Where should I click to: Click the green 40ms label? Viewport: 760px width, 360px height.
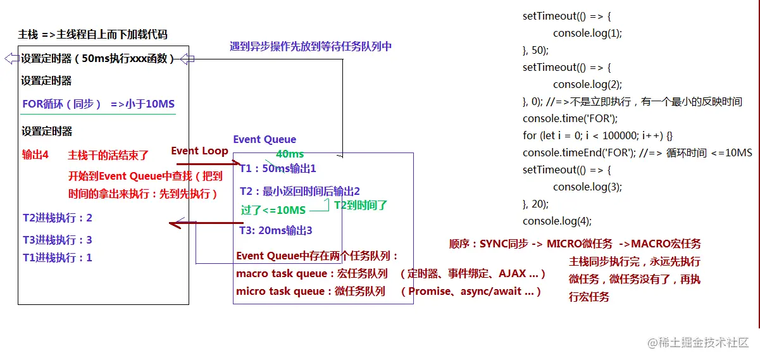pyautogui.click(x=290, y=154)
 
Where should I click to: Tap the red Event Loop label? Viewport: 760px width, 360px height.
pyautogui.click(x=199, y=151)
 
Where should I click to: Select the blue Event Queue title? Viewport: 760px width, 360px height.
pyautogui.click(x=265, y=139)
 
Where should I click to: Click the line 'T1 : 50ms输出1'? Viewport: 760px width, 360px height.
pyautogui.click(x=278, y=169)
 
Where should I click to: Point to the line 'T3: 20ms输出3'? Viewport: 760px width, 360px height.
pyautogui.click(x=276, y=230)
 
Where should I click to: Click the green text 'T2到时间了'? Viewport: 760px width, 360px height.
pyautogui.click(x=361, y=204)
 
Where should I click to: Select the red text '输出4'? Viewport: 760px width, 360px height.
pyautogui.click(x=35, y=155)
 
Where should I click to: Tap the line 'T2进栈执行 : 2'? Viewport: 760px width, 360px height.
pyautogui.click(x=58, y=218)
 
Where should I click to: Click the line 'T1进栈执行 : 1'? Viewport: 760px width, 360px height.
pyautogui.click(x=58, y=258)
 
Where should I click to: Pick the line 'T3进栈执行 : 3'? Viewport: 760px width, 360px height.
pyautogui.click(x=58, y=240)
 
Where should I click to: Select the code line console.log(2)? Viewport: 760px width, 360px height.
pyautogui.click(x=587, y=84)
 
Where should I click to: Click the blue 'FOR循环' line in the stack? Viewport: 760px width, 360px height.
pyautogui.click(x=98, y=104)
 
